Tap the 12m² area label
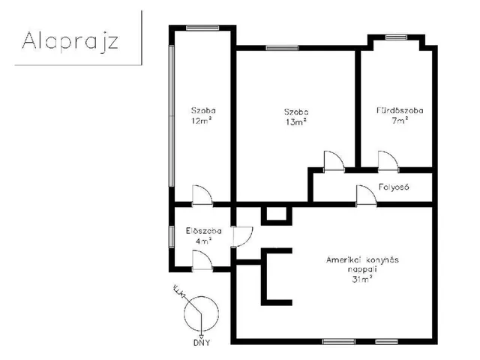coord(202,120)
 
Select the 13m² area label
coord(296,121)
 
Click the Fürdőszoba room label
coord(400,110)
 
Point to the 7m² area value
coord(400,120)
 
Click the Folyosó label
coord(394,187)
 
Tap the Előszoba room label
coord(203,231)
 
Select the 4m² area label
coord(203,241)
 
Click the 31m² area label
coord(362,279)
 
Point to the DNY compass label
coord(202,343)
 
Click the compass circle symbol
coord(201,313)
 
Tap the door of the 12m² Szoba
coord(202,195)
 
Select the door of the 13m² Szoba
coord(334,160)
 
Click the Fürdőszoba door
coord(388,160)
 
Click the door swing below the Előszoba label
coord(202,260)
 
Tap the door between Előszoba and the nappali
coord(243,237)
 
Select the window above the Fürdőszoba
coord(396,37)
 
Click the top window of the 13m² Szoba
coord(282,48)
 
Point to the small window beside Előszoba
coord(172,237)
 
